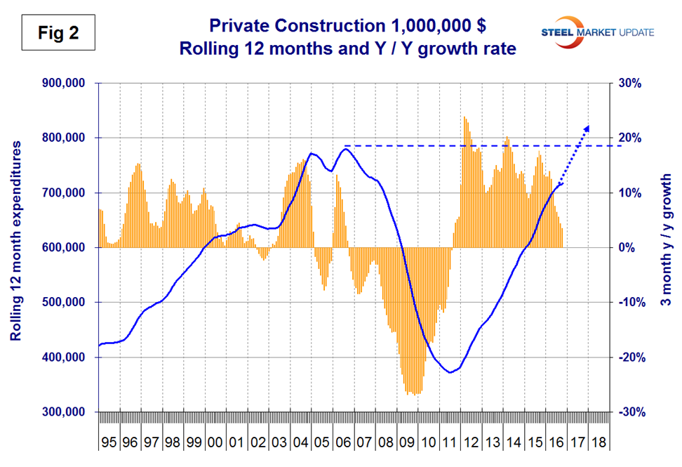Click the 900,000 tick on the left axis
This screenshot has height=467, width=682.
pos(65,83)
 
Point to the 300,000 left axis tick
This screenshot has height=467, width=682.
pos(65,412)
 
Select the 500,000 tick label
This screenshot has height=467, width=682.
pos(65,303)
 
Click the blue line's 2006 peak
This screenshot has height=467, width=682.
pos(345,148)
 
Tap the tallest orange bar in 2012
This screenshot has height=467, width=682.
pos(464,117)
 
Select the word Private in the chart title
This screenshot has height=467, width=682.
pos(236,28)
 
